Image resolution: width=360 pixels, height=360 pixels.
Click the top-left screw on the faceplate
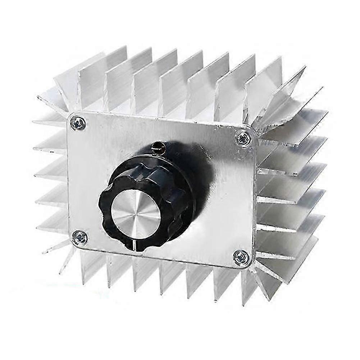click(78, 124)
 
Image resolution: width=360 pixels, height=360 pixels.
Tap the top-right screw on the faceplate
click(244, 138)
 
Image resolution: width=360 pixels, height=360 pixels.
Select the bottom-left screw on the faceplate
click(79, 237)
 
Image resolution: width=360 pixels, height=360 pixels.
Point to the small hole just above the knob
click(157, 146)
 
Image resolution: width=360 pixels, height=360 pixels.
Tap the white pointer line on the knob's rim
click(134, 245)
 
